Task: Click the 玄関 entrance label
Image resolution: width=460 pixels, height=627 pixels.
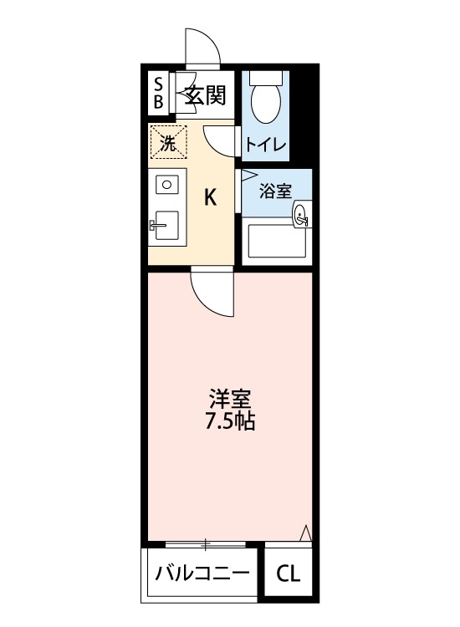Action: pos(205,95)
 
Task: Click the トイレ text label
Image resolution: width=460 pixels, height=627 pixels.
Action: pos(266,144)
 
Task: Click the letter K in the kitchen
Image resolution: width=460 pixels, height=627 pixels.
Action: pos(212,197)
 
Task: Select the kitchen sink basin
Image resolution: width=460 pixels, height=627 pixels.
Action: pos(167,223)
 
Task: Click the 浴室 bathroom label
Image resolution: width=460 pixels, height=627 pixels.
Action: pos(274,191)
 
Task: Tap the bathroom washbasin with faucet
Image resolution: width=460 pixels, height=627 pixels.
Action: pos(300,217)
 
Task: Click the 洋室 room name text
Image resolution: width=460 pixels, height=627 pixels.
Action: pos(230,398)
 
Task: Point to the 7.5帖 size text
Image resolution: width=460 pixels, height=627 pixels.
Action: pos(230,421)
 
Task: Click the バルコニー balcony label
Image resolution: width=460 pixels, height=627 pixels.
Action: pos(201,574)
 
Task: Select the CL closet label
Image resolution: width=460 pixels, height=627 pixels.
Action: pos(288,574)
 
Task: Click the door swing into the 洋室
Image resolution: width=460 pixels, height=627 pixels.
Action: pos(209,293)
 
